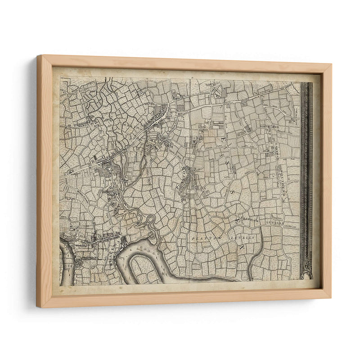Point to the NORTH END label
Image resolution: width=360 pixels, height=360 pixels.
pyautogui.click(x=270, y=127)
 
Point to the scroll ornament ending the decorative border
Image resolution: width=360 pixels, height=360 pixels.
pyautogui.click(x=307, y=272)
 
